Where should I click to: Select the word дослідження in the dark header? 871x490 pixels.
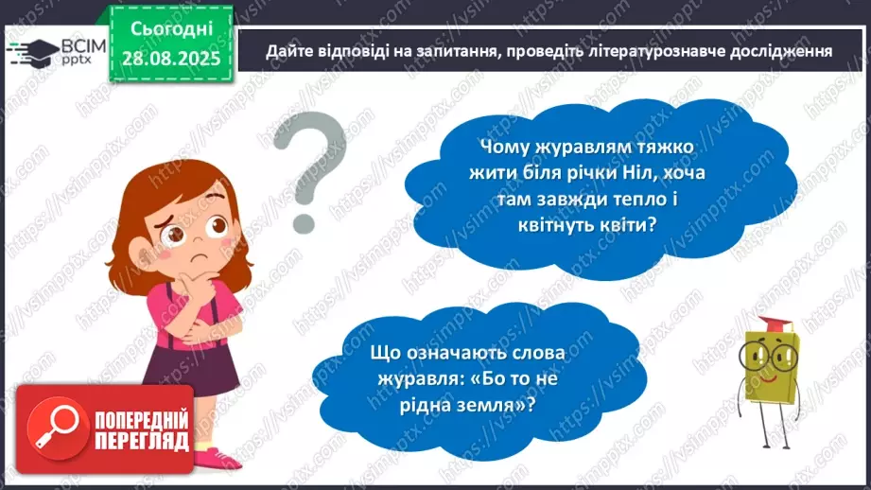coord(774,51)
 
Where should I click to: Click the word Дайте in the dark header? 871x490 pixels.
coord(288,51)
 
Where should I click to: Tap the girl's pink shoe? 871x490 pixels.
coord(219,459)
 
